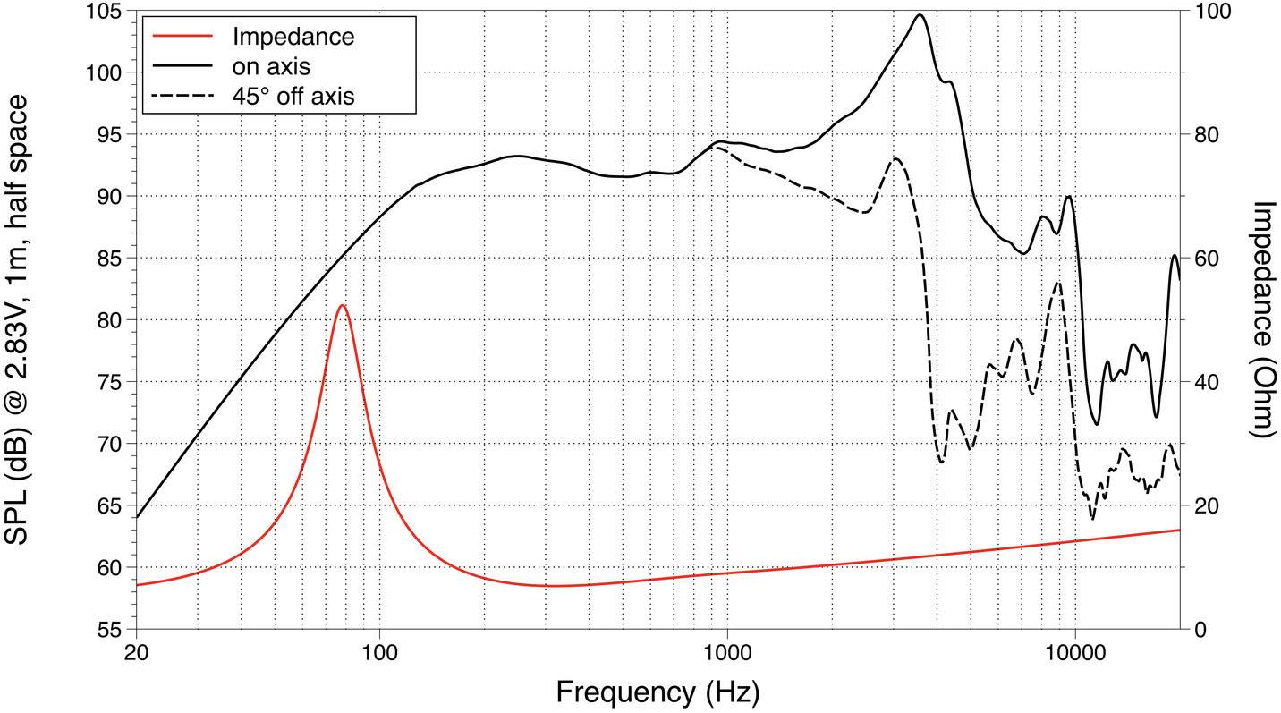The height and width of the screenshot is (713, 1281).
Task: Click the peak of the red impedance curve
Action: click(x=342, y=305)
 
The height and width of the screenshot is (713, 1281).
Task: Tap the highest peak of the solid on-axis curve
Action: click(x=920, y=14)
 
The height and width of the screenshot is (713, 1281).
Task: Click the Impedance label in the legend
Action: click(x=293, y=37)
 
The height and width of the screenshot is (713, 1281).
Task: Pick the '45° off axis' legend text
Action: click(x=293, y=95)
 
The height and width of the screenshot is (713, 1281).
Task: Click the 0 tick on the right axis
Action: click(x=1200, y=629)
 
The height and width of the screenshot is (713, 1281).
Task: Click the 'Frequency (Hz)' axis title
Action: click(x=657, y=692)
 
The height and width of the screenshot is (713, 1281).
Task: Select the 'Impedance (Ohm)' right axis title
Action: click(x=1262, y=318)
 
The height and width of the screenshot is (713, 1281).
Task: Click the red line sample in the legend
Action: click(x=182, y=37)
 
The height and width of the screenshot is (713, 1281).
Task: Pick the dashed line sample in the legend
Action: click(x=182, y=95)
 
